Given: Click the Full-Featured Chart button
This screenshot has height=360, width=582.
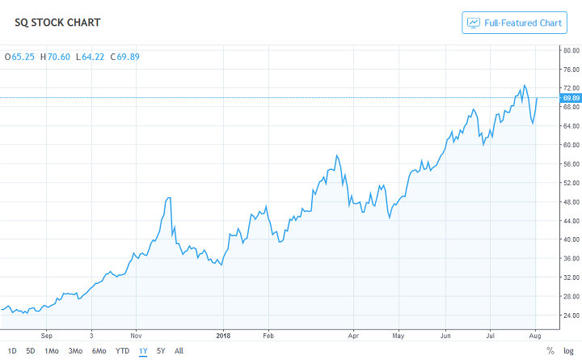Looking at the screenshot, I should (515, 23).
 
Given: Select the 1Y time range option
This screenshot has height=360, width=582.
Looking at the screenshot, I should (143, 351).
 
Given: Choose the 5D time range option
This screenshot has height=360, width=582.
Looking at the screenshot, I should (30, 351).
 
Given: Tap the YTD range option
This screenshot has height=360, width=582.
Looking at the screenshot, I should (122, 351).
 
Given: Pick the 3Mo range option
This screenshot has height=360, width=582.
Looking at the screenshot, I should (75, 351).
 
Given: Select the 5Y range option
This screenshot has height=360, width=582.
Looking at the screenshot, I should (161, 351).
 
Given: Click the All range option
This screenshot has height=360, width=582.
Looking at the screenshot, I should (179, 351).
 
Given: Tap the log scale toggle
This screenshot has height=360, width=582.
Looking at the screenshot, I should (568, 351).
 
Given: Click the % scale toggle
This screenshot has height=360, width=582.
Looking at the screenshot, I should (550, 351).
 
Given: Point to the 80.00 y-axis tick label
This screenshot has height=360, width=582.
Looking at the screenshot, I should (571, 50).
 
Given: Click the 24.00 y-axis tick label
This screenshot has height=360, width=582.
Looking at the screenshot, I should (571, 315).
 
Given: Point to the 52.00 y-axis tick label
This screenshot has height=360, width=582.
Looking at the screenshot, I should (571, 183).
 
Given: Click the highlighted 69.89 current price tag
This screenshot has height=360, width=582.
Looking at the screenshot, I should (571, 98).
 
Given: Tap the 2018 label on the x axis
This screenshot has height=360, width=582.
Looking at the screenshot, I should (224, 332).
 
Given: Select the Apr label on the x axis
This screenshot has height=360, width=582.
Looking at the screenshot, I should (352, 332).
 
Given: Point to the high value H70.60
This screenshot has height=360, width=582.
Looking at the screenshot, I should (56, 57).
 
